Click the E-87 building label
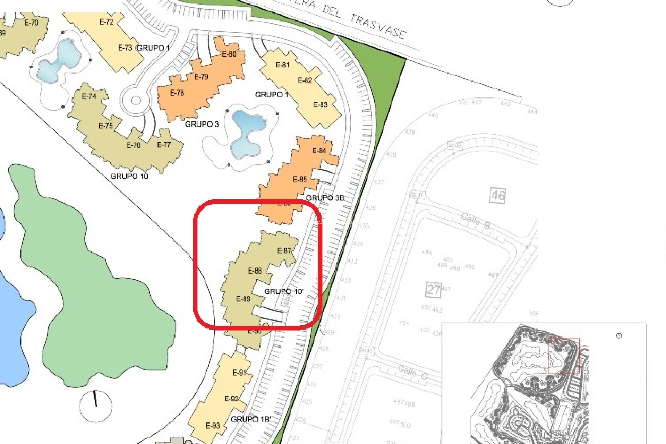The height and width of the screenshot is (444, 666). coord(284,251)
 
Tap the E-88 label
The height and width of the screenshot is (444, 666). coord(255,271)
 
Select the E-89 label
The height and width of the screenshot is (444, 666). coord(243,299)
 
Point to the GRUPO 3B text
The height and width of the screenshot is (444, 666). coord(325,198)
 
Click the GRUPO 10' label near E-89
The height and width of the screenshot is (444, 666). coord(283,291)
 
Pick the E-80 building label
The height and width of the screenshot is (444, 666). coord(229,54)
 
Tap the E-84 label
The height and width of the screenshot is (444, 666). coord(319,151)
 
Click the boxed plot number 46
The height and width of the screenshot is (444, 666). coord(497,196)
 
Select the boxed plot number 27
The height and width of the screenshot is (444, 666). coord(433,289)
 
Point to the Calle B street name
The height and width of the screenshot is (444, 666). coord(476,221)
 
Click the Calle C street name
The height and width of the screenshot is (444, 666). coord(412,373)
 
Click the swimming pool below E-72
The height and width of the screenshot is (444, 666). coord(59,61)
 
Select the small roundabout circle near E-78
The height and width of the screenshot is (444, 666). coord(136,101)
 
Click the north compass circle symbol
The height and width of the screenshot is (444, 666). coord(95,406)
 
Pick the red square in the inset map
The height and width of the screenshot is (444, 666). coord(564,356)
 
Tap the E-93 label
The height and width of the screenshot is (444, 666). coord(213,426)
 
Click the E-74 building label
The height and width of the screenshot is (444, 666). coord(89,96)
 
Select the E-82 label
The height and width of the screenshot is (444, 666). coord(305,80)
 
